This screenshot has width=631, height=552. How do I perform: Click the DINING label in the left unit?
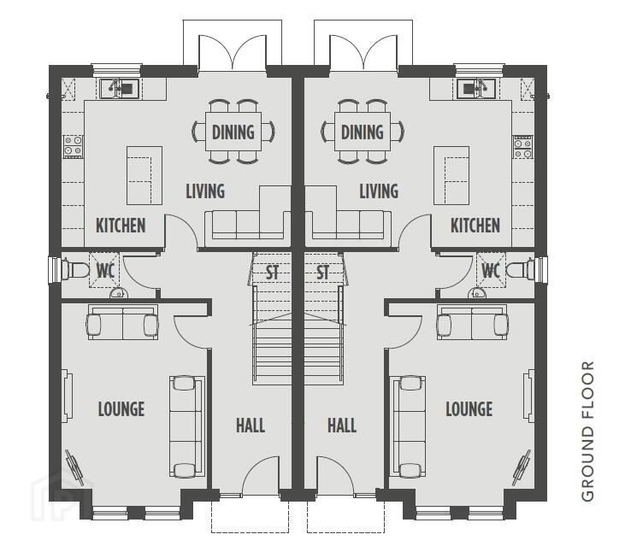pyautogui.click(x=233, y=132)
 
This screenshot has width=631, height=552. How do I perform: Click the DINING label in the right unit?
pyautogui.click(x=363, y=132)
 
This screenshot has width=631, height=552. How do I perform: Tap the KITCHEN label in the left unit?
pyautogui.click(x=121, y=226)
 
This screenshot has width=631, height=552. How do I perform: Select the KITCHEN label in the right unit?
pyautogui.click(x=475, y=226)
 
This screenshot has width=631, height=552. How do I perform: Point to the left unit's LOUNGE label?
pyautogui.click(x=121, y=409)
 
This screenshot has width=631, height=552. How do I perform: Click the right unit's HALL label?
pyautogui.click(x=342, y=426)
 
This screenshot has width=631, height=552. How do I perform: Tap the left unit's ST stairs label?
pyautogui.click(x=273, y=273)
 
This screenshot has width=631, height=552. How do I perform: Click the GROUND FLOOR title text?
pyautogui.click(x=588, y=432)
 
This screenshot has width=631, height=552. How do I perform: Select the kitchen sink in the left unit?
pyautogui.click(x=120, y=89)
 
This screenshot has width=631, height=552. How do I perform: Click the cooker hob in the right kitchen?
pyautogui.click(x=522, y=147)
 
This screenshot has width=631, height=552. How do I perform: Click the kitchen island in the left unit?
pyautogui.click(x=144, y=176)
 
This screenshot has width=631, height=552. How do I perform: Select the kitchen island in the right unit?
pyautogui.click(x=451, y=176)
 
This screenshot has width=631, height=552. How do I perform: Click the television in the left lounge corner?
pyautogui.click(x=75, y=467)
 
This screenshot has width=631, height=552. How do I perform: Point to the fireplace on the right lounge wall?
pyautogui.click(x=528, y=396)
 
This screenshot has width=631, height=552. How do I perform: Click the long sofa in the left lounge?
pyautogui.click(x=186, y=426)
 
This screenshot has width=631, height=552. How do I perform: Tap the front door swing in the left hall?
pyautogui.click(x=261, y=475)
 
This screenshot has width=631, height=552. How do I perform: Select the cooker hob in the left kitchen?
pyautogui.click(x=74, y=147)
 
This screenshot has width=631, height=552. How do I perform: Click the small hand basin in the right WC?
pyautogui.click(x=477, y=293)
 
